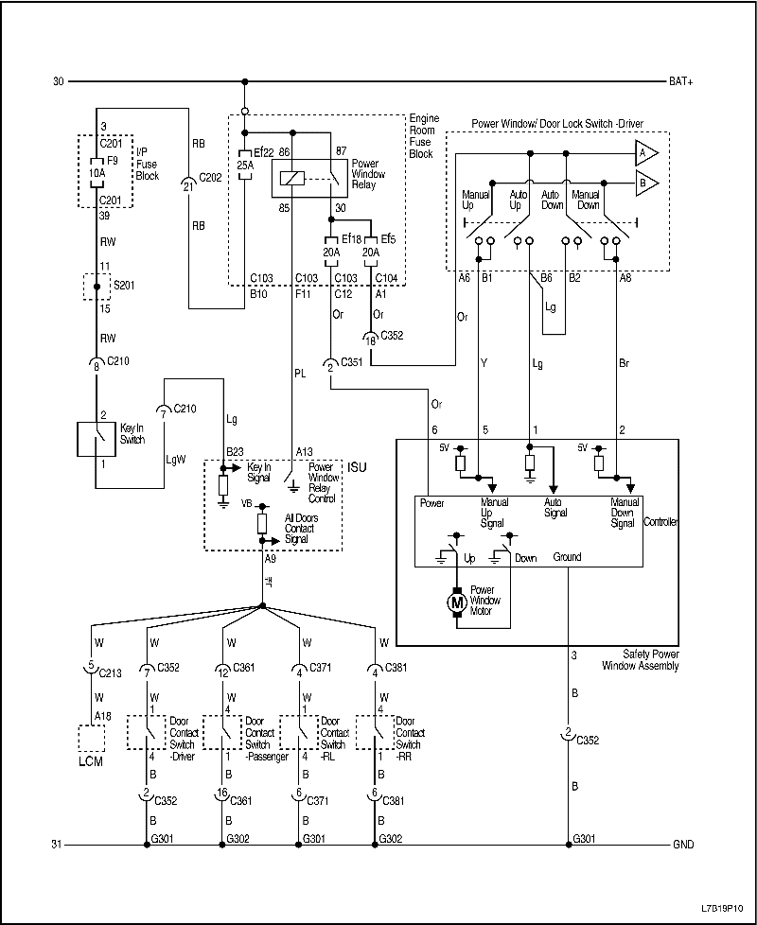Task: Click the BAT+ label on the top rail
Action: (x=681, y=82)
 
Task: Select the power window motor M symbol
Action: (x=456, y=601)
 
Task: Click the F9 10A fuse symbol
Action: (x=97, y=174)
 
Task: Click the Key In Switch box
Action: (x=96, y=440)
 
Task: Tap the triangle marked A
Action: (x=647, y=152)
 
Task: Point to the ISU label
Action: (x=357, y=468)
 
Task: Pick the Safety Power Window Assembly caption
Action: (x=641, y=660)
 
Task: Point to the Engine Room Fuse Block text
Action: (x=423, y=136)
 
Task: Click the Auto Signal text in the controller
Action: (x=555, y=507)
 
